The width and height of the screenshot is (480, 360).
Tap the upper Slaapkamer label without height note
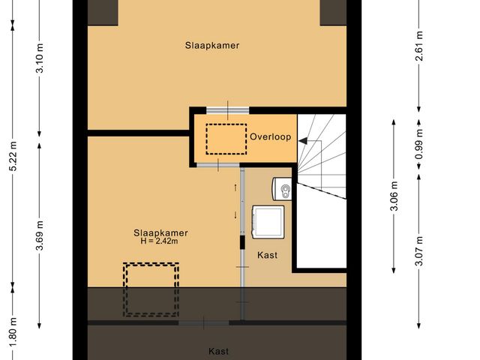click(x=212, y=45)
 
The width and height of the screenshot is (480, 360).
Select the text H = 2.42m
click(x=156, y=241)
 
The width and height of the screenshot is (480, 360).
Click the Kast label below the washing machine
click(x=268, y=255)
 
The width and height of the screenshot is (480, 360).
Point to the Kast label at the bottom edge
click(x=218, y=351)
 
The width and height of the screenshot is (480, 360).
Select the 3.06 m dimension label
click(x=394, y=197)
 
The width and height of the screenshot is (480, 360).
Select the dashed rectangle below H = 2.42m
click(x=151, y=289)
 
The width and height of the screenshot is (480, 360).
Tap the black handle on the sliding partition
click(x=241, y=241)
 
